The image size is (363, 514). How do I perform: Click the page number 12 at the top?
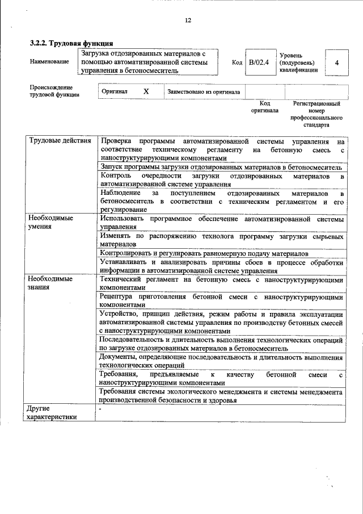click(x=188, y=20)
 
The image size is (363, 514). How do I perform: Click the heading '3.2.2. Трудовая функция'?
click(x=71, y=43)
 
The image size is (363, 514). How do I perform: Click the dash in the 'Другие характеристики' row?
click(x=100, y=408)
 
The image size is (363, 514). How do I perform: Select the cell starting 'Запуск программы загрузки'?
click(x=220, y=168)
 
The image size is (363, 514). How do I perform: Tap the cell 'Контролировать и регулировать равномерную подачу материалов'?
click(x=204, y=253)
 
